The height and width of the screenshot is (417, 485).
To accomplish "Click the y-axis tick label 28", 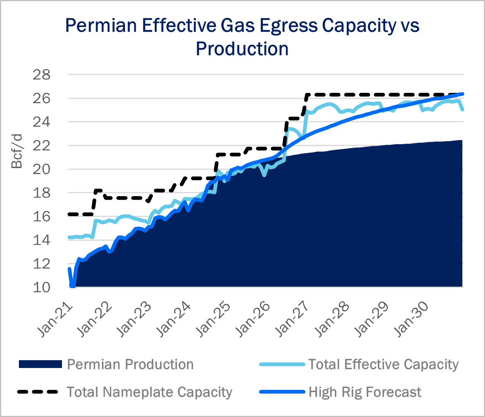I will pos(42,75).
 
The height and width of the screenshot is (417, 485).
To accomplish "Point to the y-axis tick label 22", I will pos(42,146).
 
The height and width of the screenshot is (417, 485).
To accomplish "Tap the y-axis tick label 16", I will pos(42,216).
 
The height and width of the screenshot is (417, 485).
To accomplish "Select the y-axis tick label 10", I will pos(42,287).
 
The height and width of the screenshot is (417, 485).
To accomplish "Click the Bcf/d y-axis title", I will pos(17,152).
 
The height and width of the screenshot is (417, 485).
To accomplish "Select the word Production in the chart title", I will pos(242,49).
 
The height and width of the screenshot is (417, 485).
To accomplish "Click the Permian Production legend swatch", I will pos(40,364).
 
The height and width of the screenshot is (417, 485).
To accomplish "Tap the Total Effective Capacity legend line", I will pos(282,364).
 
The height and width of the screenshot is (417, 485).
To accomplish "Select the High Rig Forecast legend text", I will pos(365,392).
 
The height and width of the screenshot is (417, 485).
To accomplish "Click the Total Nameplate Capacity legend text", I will pos(150,392).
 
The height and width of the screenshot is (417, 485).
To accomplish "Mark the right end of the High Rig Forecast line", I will pos(462,94).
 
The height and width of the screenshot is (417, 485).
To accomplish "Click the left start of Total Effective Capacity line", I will pos(69,237).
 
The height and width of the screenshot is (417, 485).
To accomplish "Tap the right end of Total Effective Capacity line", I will pos(462,110).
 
